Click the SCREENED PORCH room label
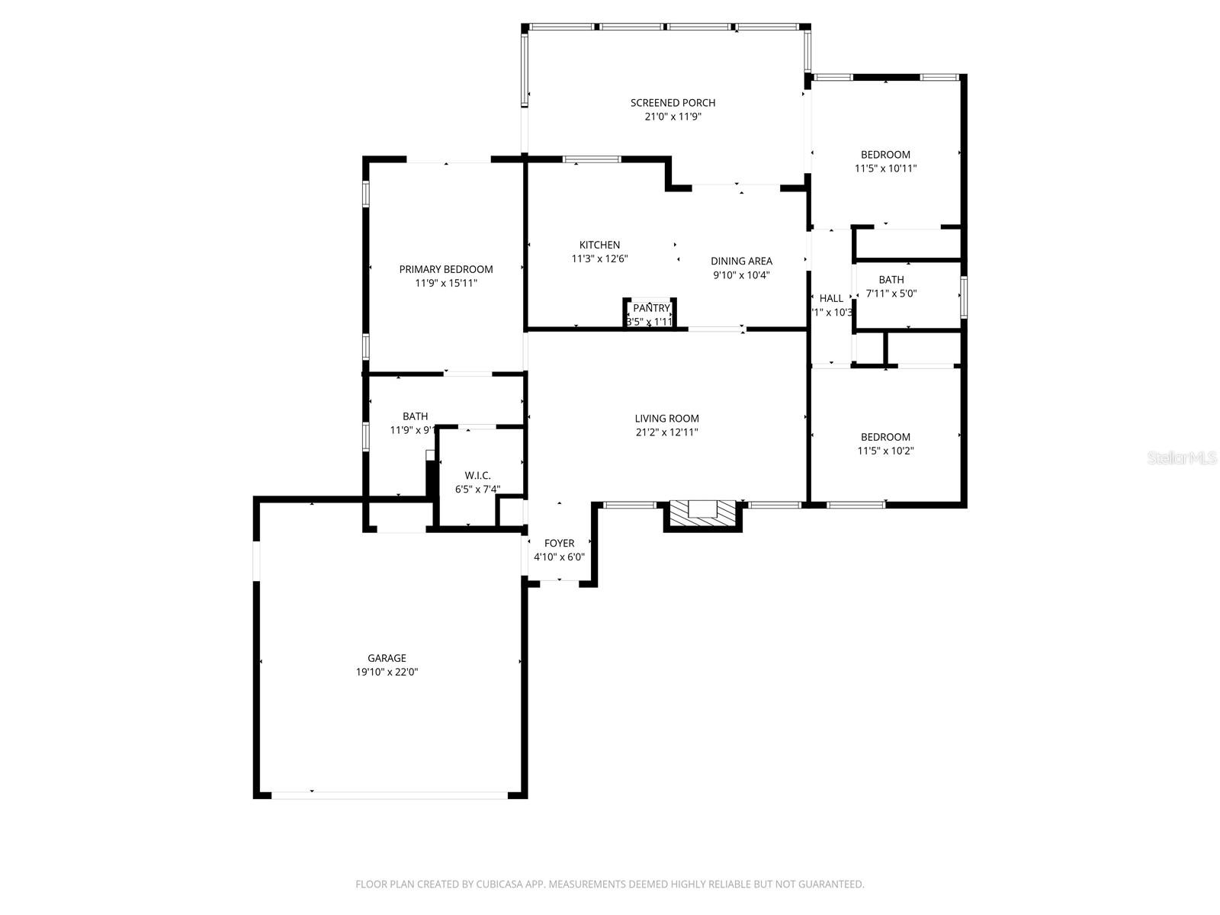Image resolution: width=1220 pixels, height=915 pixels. pos(673,103)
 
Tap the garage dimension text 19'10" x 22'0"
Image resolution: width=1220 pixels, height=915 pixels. pos(387,673)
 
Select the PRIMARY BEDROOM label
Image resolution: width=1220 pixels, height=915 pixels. pos(446,269)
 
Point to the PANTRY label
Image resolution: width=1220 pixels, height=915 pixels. pos(651,308)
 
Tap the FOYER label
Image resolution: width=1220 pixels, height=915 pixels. pos(559,544)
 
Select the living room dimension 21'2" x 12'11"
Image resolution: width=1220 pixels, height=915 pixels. pos(666,432)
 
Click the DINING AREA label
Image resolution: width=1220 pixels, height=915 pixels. pos(741,261)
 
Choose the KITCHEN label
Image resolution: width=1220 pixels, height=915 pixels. pos(599,245)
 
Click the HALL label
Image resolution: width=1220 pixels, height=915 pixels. pos(831,298)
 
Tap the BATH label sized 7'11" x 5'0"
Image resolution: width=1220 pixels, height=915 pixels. pos(891,280)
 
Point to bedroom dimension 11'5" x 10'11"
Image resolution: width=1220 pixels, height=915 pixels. pos(885,169)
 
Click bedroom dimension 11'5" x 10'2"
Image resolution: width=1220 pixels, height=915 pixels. pos(885,451)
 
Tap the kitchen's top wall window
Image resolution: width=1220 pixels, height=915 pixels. pos(592,159)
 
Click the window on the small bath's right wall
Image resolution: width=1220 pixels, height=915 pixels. pos(963,297)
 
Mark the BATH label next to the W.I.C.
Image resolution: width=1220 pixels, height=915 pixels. pos(415,416)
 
